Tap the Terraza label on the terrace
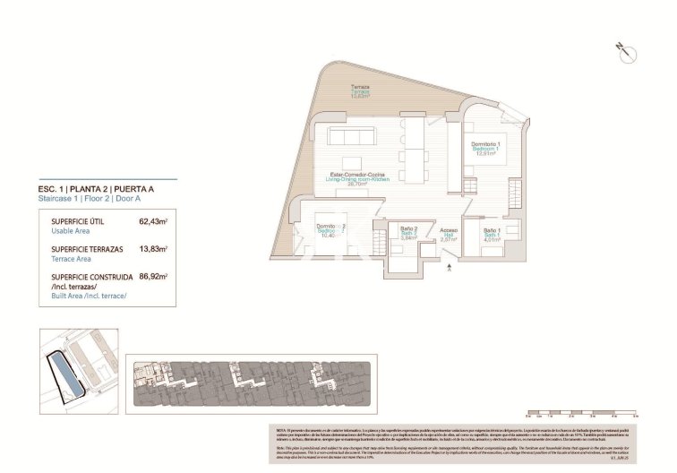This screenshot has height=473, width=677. (359, 87)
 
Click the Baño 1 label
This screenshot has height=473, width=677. (491, 230)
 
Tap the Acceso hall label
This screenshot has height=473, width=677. (449, 230)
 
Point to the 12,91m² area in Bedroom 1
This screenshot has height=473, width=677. (485, 153)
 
